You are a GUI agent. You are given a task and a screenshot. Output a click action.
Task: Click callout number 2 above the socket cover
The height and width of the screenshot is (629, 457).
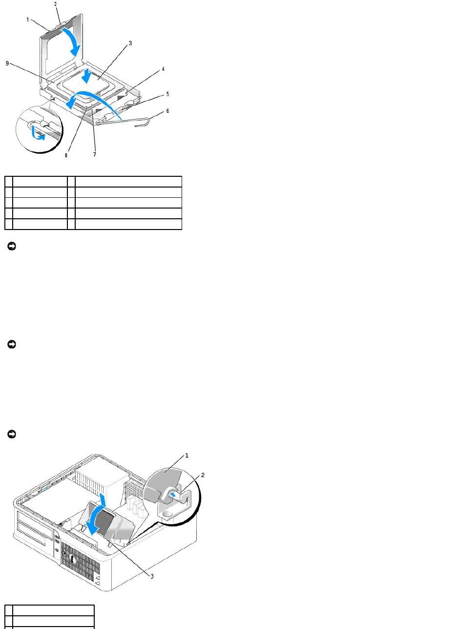[x=55, y=4]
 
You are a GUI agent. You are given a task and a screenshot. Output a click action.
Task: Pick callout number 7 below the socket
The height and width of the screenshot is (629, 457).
[x=95, y=155]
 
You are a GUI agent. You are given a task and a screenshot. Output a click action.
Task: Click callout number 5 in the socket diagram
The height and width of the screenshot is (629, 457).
[x=167, y=93]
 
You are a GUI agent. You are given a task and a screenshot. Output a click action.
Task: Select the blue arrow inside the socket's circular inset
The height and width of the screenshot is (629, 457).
[x=36, y=132]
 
